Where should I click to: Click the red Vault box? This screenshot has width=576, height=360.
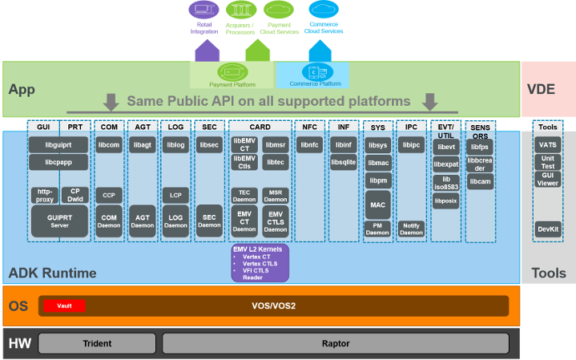(65, 305)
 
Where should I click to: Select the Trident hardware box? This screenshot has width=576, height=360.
(97, 343)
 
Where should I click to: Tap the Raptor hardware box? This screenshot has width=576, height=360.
(336, 343)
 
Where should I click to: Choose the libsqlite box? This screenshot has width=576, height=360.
(343, 162)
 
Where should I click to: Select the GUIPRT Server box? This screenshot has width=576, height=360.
(59, 220)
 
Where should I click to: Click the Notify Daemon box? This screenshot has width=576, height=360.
(412, 229)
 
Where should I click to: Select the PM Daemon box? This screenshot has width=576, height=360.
(377, 229)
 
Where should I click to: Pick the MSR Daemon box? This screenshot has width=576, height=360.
(276, 195)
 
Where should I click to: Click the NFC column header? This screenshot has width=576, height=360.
(309, 127)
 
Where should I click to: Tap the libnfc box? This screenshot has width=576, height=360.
(309, 144)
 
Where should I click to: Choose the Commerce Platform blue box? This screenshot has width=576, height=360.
(314, 75)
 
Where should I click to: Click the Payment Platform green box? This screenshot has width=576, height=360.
(232, 75)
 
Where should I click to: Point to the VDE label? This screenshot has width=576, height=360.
(548, 90)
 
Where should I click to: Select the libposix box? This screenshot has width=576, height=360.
(445, 201)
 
